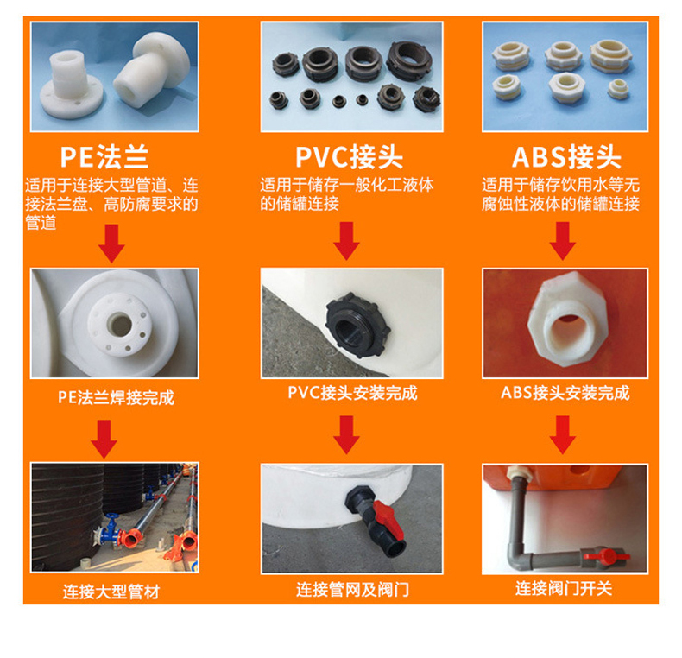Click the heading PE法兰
104,157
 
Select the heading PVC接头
350,157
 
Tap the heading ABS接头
566,157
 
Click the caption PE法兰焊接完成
117,398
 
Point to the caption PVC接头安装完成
352,393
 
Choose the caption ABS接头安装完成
565,393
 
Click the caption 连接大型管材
111,592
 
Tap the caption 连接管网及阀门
352,590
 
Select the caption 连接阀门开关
564,588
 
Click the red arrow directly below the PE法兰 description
111,244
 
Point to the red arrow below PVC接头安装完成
347,434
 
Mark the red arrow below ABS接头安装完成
563,434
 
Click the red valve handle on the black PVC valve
388,519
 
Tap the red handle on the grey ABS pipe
606,556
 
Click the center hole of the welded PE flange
120,325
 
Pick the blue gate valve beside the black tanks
110,529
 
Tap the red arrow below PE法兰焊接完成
104,440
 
